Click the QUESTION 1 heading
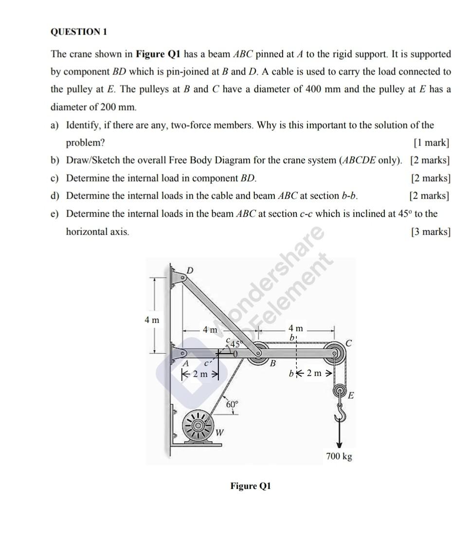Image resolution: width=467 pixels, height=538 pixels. (x=78, y=32)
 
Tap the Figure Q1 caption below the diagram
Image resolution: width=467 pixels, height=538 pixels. (x=250, y=486)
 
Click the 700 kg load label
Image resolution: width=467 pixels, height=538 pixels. (x=339, y=456)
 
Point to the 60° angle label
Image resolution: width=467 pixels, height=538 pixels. (x=232, y=404)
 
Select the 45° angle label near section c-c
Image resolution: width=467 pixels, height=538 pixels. (x=236, y=343)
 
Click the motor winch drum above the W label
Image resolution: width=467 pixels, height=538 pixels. (x=198, y=425)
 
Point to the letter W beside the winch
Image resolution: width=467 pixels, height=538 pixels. (x=219, y=431)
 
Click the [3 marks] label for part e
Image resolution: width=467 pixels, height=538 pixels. (x=430, y=232)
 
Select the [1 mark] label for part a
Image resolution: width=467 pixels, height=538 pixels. (x=431, y=143)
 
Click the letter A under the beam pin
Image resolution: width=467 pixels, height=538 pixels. (x=185, y=363)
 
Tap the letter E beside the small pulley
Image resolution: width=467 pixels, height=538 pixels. (x=350, y=395)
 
